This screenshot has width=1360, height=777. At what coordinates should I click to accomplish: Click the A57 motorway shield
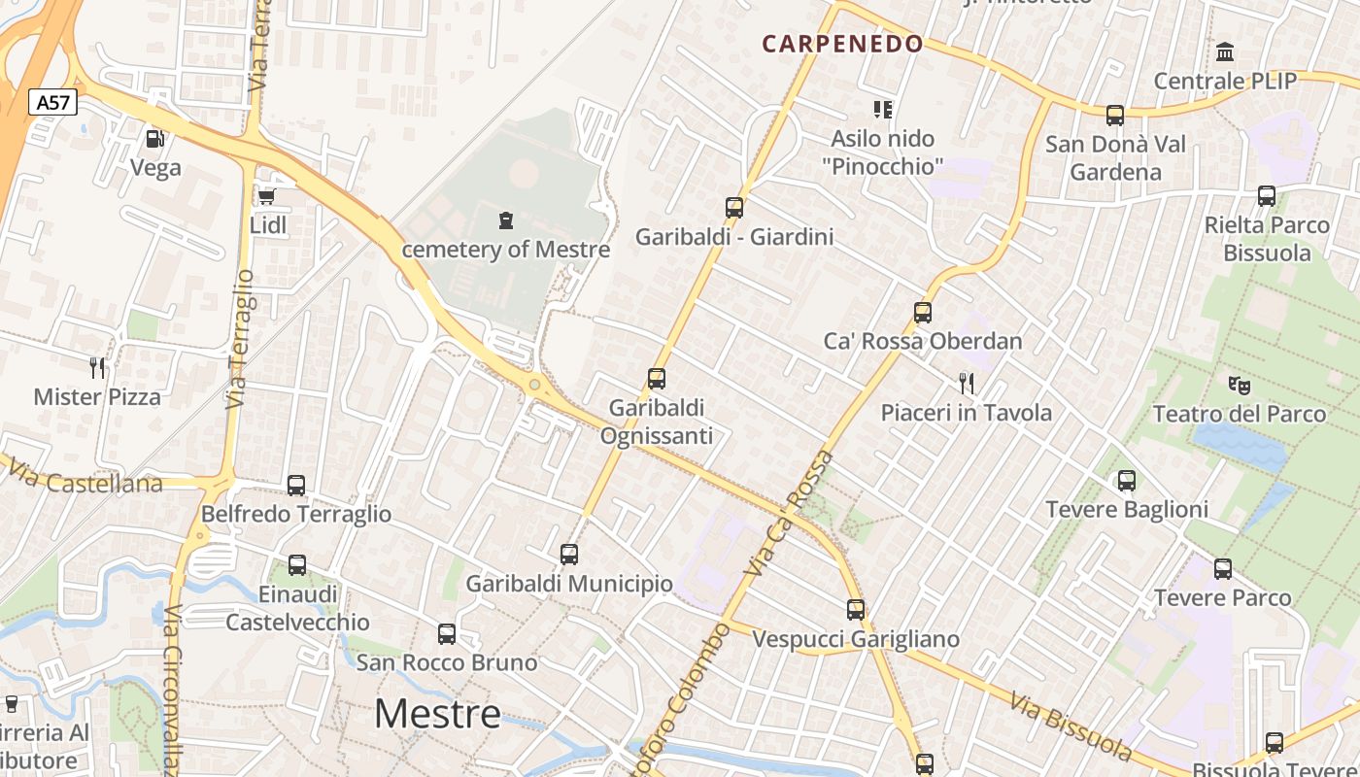click(52, 102)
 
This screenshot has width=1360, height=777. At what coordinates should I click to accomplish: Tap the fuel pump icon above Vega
click(154, 139)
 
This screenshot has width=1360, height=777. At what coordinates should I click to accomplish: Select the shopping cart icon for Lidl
click(266, 197)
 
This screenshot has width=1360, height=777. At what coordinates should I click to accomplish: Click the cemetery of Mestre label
click(506, 249)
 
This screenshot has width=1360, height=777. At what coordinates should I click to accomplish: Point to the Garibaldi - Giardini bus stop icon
click(734, 207)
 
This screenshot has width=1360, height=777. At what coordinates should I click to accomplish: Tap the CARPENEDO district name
click(842, 44)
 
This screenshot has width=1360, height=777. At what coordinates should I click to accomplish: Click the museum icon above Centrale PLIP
click(1225, 51)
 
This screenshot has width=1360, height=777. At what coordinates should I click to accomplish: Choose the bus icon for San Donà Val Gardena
click(1115, 116)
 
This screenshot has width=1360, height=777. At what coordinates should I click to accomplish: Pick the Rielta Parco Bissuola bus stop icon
click(1267, 196)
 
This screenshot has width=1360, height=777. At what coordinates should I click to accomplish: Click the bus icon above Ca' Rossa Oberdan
click(923, 313)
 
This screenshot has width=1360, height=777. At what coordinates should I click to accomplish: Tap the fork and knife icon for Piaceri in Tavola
click(966, 383)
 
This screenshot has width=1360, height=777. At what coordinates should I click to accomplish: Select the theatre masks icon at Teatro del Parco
click(1238, 385)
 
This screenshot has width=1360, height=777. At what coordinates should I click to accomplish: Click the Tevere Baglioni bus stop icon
click(1127, 480)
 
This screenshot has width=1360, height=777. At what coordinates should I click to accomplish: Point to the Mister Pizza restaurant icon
click(96, 367)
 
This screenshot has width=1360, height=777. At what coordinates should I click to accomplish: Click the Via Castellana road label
click(85, 478)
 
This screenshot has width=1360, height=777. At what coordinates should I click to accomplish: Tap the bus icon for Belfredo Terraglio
click(296, 485)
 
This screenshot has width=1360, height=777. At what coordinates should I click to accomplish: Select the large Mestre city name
click(437, 714)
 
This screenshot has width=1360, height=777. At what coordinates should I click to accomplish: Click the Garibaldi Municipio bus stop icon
click(569, 555)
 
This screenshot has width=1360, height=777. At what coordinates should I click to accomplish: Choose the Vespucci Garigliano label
click(856, 639)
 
